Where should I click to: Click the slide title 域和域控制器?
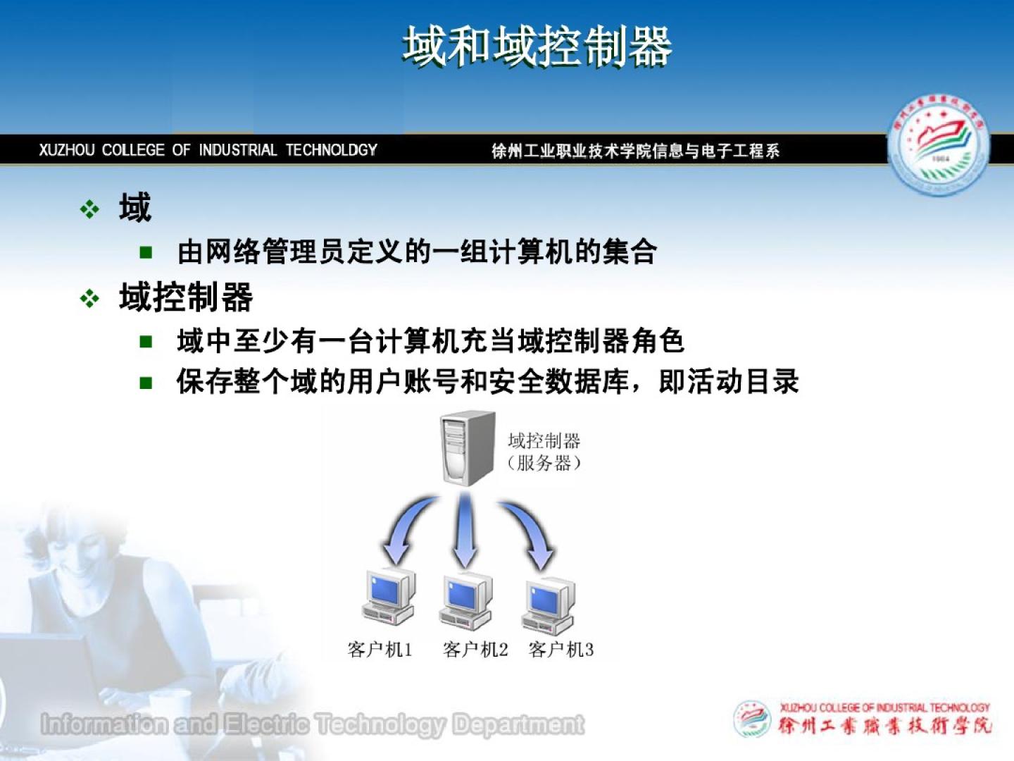pos(537,47)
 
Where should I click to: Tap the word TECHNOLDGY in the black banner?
pos(331,149)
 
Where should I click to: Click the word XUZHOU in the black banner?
pos(66,149)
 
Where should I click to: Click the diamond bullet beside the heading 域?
pos(89,209)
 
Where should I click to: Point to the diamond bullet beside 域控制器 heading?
pos(89,299)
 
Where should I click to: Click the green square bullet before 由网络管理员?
pos(146,252)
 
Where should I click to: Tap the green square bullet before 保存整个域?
pos(146,383)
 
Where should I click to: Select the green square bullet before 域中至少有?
pos(146,342)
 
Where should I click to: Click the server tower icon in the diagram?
pos(468,448)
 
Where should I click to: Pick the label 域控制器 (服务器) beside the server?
pos(544,452)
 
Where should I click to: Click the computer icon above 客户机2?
pos(465,600)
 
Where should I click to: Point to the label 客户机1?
pos(380,650)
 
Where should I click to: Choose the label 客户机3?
pos(561,650)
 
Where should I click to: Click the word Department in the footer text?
pos(518,724)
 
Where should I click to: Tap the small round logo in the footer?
pos(752,719)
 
